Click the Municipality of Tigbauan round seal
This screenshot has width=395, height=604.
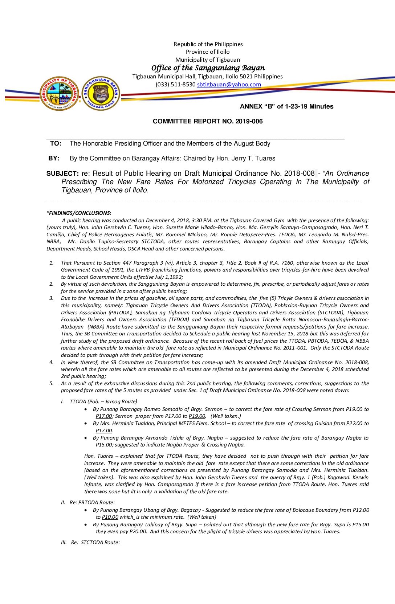[x=60, y=94]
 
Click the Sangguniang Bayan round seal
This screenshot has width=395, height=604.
[x=101, y=93]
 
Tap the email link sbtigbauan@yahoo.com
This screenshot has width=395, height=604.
[x=229, y=85]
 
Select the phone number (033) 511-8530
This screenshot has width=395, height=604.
[x=175, y=85]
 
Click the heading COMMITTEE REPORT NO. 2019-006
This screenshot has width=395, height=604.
[x=208, y=121]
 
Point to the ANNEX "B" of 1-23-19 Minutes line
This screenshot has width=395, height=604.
[x=286, y=106]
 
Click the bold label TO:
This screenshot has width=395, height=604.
[x=56, y=143]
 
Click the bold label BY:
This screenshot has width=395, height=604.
[x=54, y=158]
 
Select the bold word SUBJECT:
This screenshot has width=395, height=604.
[x=62, y=174]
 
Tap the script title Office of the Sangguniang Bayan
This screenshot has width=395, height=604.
[x=208, y=68]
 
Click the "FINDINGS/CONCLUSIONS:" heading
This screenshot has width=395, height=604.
[x=79, y=213]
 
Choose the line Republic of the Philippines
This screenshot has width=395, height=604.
[x=208, y=44]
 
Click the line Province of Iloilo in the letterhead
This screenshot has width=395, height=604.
[x=208, y=52]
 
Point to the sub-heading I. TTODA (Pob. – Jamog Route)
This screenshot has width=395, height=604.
[x=99, y=401]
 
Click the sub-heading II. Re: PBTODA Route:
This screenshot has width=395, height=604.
[x=88, y=502]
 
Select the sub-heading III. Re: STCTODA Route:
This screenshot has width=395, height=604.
[x=90, y=542]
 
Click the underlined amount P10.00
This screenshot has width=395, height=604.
[x=110, y=517]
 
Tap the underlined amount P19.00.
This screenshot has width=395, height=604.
[x=197, y=416]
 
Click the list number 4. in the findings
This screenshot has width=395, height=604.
[x=51, y=362]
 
